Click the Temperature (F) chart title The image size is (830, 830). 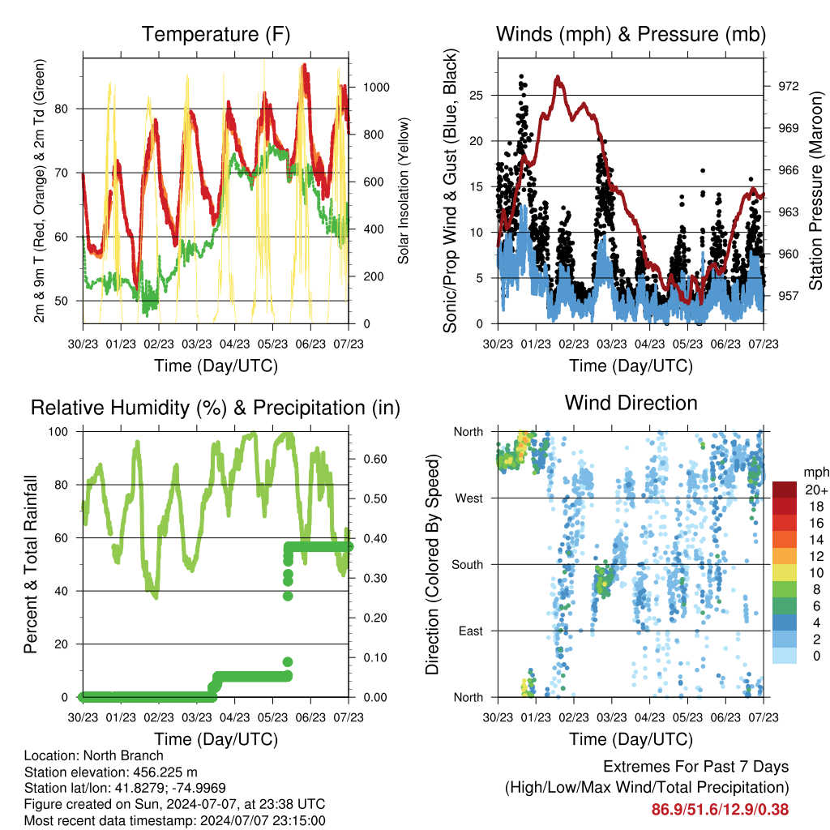click(216, 34)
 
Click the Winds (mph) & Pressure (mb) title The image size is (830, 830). click(631, 34)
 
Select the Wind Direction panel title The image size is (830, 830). click(631, 403)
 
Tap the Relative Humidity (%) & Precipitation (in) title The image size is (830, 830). click(216, 409)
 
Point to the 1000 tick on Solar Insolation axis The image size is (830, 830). click(376, 88)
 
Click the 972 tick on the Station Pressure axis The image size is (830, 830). click(788, 86)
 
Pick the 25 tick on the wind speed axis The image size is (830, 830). click(477, 96)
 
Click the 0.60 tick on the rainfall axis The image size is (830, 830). click(375, 460)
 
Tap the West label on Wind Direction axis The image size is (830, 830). click(469, 498)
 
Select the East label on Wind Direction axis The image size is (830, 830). click(471, 631)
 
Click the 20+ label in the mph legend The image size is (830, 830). click(816, 490)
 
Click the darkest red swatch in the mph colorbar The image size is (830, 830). click(785, 490)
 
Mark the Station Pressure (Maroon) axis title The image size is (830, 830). click(815, 190)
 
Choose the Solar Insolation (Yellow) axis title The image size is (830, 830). click(404, 190)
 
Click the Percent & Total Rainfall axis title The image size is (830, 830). click(30, 564)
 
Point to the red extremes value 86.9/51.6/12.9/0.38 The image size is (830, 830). click(720, 810)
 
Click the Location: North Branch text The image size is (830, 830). click(94, 755)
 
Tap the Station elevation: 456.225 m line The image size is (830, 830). click(110, 772)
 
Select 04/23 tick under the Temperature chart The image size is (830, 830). click(234, 344)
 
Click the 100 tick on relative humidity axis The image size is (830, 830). click(58, 432)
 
